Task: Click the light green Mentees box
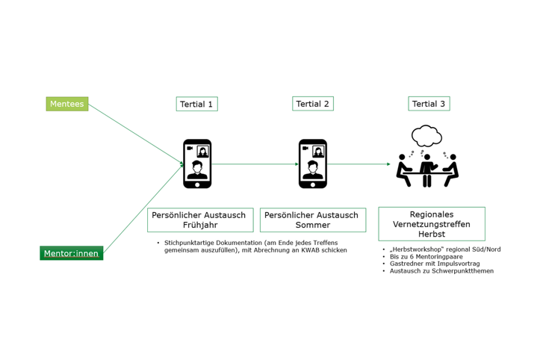tap(67, 104)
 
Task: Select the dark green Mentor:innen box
tap(72, 253)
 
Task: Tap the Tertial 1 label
tap(196, 104)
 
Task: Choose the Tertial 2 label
tap(313, 103)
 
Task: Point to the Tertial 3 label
tap(429, 103)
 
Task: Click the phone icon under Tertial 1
tap(197, 164)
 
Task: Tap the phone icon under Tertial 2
tap(313, 164)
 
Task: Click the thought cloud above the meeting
tap(426, 135)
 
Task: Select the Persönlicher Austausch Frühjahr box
tap(200, 220)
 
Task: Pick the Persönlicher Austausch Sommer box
tap(313, 220)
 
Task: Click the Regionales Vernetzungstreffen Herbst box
tap(432, 224)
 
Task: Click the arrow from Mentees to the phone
tap(136, 134)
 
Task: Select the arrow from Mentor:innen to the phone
tap(143, 208)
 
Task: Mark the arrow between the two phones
tap(255, 164)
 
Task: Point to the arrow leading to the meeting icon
tap(359, 164)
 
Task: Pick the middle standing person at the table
tap(427, 170)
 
